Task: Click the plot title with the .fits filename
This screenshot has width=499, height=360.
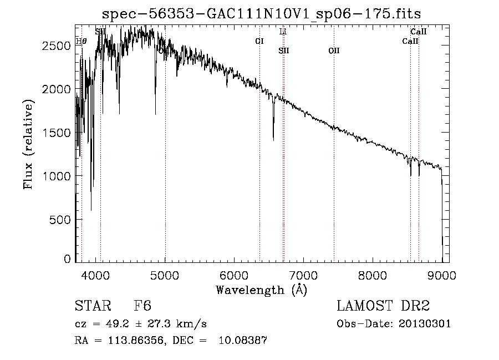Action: [266, 13]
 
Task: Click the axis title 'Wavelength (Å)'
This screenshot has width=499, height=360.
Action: [261, 290]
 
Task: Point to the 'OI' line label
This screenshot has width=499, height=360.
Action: [259, 41]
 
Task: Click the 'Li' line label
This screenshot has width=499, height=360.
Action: [283, 32]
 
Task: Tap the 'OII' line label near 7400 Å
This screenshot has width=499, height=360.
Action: [334, 51]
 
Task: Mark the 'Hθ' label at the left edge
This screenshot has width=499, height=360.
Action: [81, 41]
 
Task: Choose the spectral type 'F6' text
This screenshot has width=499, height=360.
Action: [142, 307]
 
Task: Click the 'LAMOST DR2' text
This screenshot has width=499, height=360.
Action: [383, 307]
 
